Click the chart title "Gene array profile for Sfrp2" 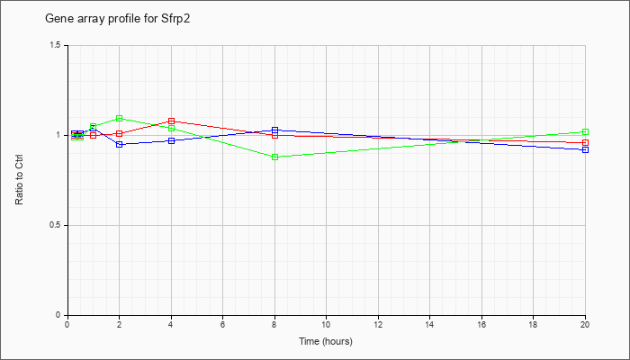tap(117, 19)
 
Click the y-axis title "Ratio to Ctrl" tap(19, 180)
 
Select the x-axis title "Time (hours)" tap(326, 341)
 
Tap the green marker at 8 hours tap(274, 157)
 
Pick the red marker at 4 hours tap(171, 121)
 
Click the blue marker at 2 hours tap(119, 144)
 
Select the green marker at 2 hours tap(119, 119)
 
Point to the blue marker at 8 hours tap(274, 130)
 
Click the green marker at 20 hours tap(585, 131)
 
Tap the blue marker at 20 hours tap(585, 150)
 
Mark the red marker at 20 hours tap(585, 142)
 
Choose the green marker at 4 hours tap(171, 129)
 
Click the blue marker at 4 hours tap(171, 140)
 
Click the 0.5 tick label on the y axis tap(58, 225)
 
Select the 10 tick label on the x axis tap(326, 324)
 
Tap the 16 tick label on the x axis tap(481, 324)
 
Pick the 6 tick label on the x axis tap(222, 324)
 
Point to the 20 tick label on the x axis tap(585, 324)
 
